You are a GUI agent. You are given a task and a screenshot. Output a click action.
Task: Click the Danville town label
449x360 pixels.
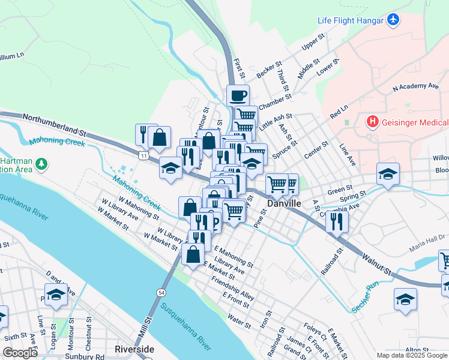pyautogui.click(x=284, y=204)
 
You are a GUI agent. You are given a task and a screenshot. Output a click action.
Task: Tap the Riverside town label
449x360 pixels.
pyautogui.click(x=134, y=349)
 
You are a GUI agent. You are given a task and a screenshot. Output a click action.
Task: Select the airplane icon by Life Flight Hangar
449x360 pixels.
pyautogui.click(x=393, y=20)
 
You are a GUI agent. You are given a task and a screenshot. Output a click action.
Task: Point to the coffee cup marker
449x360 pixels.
pyautogui.click(x=238, y=95)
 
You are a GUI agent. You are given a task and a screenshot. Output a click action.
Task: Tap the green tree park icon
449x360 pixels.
pyautogui.click(x=41, y=163)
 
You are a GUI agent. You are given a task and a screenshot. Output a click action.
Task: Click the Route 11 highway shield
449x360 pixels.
pyautogui.click(x=143, y=156)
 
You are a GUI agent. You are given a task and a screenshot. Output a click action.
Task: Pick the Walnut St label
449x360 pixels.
pyautogui.click(x=378, y=262)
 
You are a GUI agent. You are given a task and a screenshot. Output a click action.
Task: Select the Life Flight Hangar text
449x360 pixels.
pyautogui.click(x=351, y=20)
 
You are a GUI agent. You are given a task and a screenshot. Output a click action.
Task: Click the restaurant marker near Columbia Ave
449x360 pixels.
pyautogui.click(x=337, y=221)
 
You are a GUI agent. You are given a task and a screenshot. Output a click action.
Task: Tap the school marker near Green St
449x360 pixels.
pyautogui.click(x=388, y=175)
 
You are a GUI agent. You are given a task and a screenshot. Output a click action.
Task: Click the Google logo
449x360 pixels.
pyautogui.click(x=19, y=353)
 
